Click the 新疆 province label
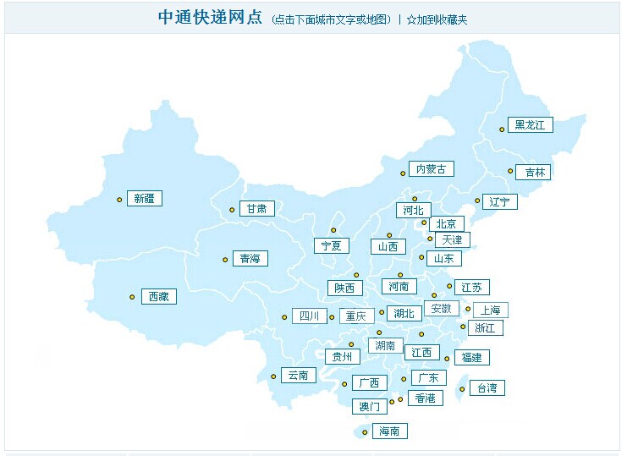pos(145,199)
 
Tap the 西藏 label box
pos(158,296)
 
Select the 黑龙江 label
pos(531,125)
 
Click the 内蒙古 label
pos(430,169)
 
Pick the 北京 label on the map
pos(446,224)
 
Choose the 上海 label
pos(491,310)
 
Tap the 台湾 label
pos(487,388)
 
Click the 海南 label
pos(389,431)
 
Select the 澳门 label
pos(370,407)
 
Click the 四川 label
pos(309,316)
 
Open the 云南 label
pos(298,375)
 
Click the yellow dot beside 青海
pos(225,260)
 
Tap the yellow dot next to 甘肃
pos(232,210)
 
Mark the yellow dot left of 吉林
pos(510,171)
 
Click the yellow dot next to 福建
pos(447,359)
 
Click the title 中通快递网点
pos(211,18)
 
